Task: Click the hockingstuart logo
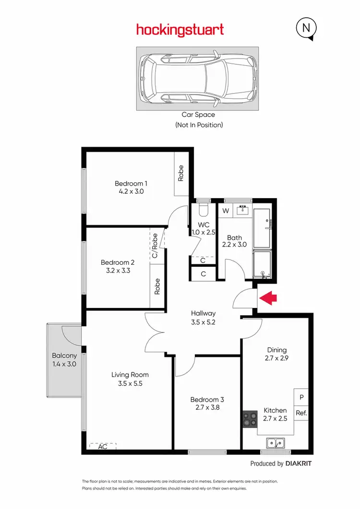[x=180, y=30]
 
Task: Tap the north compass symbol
[x=306, y=29]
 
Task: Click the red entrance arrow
[x=269, y=298]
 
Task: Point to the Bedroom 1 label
[x=131, y=183]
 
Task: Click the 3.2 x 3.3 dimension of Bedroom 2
[x=118, y=270]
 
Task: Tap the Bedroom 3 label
[x=207, y=400]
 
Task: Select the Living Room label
[x=130, y=375]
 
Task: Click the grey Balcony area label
[x=64, y=355]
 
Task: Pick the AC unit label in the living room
[x=102, y=446]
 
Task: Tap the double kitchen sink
[x=276, y=442]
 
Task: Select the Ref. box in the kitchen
[x=301, y=413]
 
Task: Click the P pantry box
[x=301, y=397]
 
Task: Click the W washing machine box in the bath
[x=225, y=211]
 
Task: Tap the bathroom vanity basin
[x=242, y=209]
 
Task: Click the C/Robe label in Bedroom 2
[x=155, y=246]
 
